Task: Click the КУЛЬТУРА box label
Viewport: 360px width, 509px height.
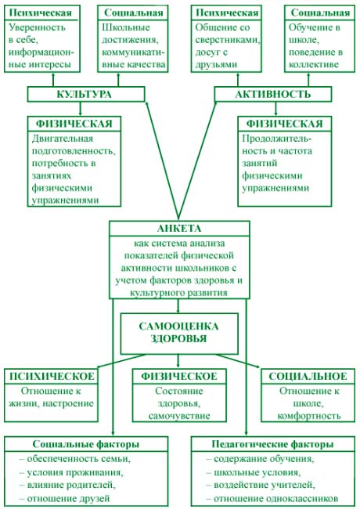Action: (84, 94)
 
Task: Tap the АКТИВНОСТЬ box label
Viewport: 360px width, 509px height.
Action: (273, 94)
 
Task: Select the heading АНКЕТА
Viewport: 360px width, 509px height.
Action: (179, 229)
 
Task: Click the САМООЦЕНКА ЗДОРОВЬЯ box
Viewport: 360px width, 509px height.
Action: (179, 334)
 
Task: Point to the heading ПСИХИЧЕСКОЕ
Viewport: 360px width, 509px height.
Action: (52, 376)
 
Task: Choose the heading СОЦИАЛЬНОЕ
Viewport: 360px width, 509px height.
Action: (308, 376)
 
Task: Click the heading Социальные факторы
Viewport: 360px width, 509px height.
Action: (85, 444)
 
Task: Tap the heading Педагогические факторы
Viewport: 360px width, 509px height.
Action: (272, 444)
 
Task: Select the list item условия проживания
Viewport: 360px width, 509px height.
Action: (71, 472)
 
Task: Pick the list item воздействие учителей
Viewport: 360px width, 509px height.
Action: (261, 485)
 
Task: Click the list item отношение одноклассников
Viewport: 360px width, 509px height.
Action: (272, 498)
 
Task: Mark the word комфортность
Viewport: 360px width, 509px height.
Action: (309, 416)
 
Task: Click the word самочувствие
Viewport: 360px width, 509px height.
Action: (179, 416)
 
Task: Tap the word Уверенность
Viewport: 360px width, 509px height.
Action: (37, 27)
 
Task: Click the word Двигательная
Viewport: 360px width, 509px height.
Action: (63, 139)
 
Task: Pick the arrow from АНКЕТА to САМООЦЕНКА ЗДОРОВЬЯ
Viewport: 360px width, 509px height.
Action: (178, 305)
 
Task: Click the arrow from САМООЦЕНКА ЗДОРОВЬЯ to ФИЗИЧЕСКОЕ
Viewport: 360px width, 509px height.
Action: (178, 361)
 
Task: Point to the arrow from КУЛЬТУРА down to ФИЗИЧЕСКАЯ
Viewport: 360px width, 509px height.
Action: (81, 109)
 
